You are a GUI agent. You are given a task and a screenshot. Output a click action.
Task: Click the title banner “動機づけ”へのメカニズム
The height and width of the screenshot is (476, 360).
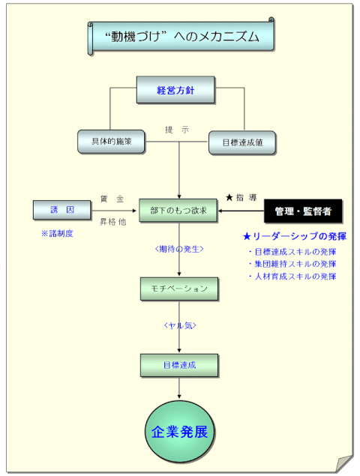[181, 37]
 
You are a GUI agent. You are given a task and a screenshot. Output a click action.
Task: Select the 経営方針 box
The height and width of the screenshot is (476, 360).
[175, 90]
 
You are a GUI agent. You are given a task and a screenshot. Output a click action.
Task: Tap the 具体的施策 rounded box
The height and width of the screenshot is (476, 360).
[111, 142]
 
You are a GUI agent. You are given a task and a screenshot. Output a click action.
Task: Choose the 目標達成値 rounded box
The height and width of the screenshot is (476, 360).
[242, 142]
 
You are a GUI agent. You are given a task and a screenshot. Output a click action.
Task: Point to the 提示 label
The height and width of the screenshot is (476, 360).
[177, 130]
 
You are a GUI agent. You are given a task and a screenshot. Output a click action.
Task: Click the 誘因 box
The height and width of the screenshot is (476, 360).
[62, 210]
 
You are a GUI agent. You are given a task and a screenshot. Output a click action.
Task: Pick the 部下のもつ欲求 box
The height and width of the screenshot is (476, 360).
[178, 211]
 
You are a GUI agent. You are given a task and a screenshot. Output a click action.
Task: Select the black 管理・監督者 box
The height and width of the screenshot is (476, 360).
[303, 211]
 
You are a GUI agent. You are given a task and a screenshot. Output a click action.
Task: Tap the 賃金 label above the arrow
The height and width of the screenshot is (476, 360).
[112, 199]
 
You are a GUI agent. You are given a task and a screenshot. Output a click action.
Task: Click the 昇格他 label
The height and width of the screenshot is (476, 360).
[112, 222]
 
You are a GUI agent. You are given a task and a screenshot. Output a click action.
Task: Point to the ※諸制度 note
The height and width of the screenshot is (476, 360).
[57, 233]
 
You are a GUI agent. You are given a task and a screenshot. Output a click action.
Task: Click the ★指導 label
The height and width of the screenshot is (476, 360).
[241, 198]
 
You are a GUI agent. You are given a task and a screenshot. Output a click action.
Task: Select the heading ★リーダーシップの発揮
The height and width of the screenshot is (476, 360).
[295, 236]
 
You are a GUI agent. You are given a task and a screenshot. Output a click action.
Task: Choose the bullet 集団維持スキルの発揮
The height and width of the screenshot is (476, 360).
[292, 264]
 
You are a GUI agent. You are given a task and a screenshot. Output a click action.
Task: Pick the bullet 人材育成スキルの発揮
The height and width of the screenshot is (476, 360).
[292, 277]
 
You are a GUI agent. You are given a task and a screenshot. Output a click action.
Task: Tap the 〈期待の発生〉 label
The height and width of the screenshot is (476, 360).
[179, 249]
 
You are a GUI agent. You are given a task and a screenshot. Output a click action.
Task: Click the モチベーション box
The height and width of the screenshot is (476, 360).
[179, 289]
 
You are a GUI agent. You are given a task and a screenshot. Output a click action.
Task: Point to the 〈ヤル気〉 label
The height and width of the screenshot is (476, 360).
[180, 325]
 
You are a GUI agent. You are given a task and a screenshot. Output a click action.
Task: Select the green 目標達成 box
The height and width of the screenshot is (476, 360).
[179, 366]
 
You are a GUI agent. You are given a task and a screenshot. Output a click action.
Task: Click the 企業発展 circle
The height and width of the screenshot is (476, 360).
[179, 432]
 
